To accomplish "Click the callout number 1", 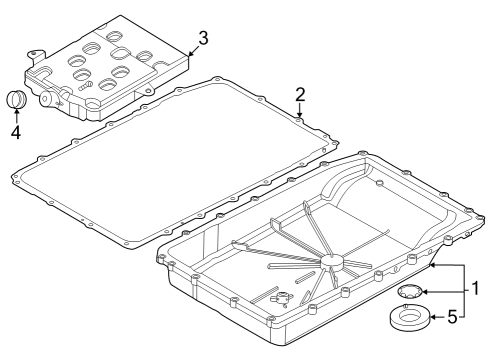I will pos(477,290).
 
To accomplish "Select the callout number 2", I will pos(300,95).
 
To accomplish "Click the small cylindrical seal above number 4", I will pos(15,101).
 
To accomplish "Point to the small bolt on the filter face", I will pos(87,87).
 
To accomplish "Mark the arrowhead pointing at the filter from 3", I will pos(187,49).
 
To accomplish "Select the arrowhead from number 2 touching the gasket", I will pos(300,114).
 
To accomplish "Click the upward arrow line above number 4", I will pos(15,117).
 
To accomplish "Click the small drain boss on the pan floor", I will pos(279,297).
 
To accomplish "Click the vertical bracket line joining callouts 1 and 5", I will pos(462,291).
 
